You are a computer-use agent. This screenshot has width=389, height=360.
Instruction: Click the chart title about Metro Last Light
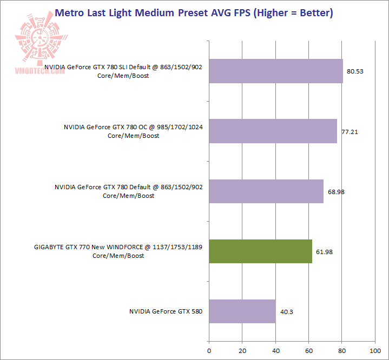click(x=194, y=12)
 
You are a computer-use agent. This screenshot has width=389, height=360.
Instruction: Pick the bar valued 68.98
click(x=266, y=191)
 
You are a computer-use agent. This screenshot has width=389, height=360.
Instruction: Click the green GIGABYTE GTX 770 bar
click(x=260, y=251)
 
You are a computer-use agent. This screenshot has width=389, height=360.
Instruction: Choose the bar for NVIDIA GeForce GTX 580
click(x=242, y=311)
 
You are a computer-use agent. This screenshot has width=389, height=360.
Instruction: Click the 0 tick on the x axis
click(x=209, y=350)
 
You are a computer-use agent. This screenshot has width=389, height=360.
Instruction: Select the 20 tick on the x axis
click(x=242, y=350)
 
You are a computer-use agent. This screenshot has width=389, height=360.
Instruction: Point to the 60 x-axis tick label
click(x=308, y=350)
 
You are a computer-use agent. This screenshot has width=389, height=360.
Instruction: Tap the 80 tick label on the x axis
click(x=342, y=350)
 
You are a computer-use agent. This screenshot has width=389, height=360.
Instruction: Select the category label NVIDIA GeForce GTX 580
click(x=166, y=311)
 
